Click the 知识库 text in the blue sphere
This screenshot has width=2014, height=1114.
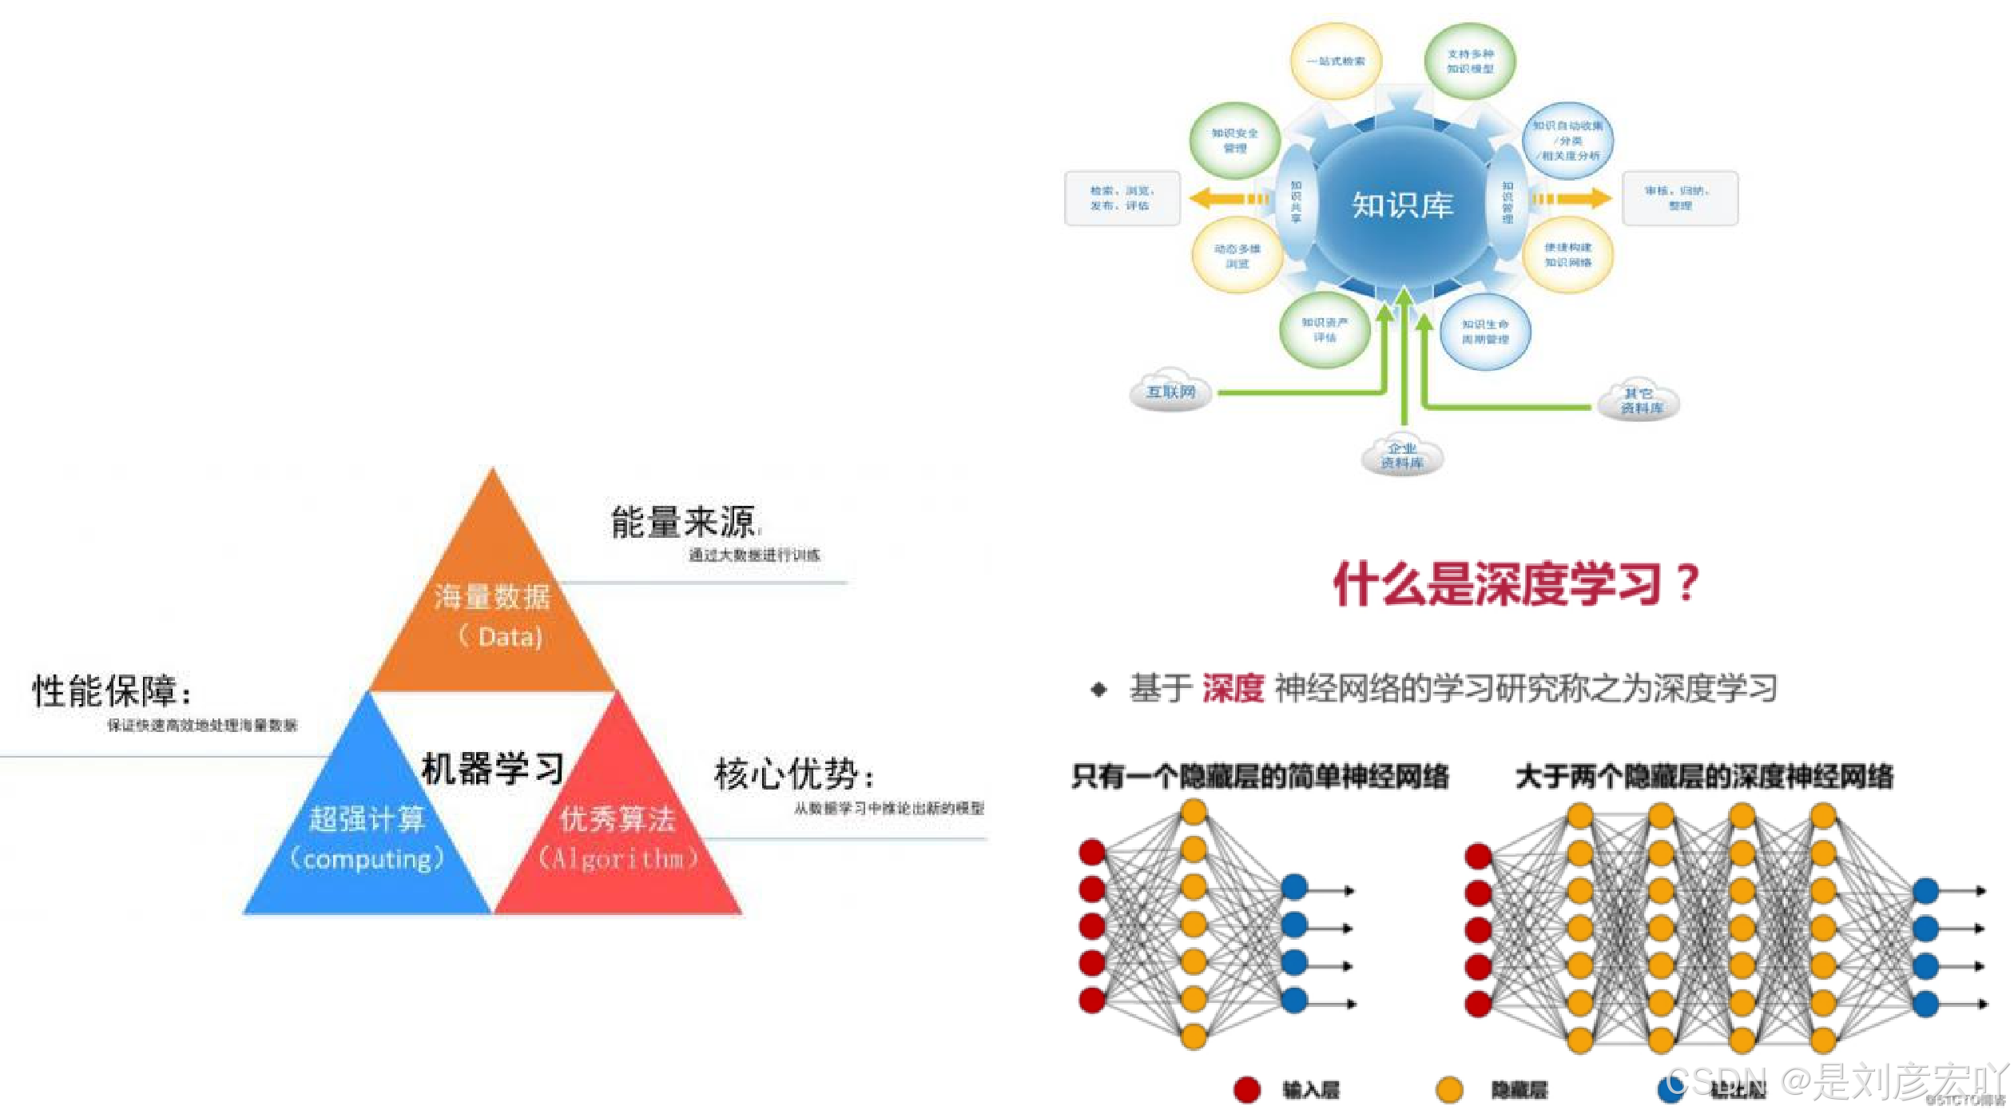(1402, 205)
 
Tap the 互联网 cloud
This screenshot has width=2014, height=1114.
(1170, 392)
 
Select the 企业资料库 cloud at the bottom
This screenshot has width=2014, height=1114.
(1402, 456)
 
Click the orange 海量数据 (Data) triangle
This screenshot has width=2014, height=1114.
(493, 615)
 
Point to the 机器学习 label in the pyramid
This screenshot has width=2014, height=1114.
(492, 769)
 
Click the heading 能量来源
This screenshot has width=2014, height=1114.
(683, 523)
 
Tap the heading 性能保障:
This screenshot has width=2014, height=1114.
(112, 690)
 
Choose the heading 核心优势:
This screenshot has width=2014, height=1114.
(794, 774)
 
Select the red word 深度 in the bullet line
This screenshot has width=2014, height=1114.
(1233, 688)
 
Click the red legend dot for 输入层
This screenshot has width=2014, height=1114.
(1247, 1089)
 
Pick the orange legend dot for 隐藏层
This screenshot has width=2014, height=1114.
(1449, 1089)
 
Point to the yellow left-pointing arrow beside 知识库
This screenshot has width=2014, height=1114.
(1226, 198)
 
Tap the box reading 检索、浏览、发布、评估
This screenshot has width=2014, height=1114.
(1122, 198)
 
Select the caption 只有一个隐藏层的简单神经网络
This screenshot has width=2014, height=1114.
(1260, 776)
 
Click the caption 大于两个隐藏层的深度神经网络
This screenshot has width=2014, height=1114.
(1704, 776)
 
